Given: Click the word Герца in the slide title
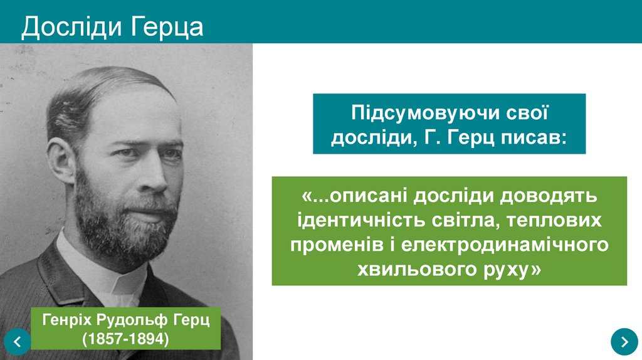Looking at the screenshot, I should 167,27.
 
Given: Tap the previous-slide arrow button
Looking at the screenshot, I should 17,342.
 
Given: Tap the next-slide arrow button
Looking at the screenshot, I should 624,341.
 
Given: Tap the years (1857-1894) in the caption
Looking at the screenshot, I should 126,339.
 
